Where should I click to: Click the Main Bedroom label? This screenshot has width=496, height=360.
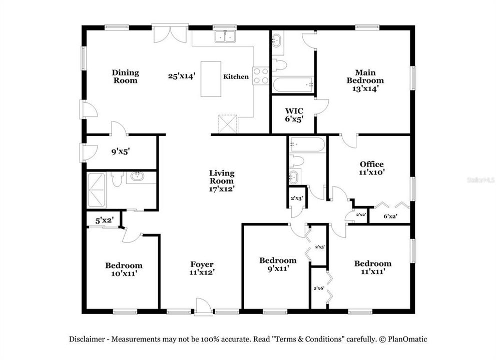[x=365, y=76]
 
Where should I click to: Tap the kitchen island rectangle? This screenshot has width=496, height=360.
[x=211, y=79]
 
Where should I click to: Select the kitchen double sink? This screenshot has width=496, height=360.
[x=225, y=36]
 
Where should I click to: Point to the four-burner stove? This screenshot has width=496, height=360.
[x=261, y=76]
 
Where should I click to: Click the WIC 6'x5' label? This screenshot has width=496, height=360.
[x=294, y=115]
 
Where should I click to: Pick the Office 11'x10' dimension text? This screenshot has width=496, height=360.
[x=372, y=172]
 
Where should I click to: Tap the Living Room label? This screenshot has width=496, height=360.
[x=222, y=177]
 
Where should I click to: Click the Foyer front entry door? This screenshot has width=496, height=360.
[x=202, y=306]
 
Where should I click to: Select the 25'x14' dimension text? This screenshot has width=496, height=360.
[x=182, y=76]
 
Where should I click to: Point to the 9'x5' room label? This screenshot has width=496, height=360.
[x=121, y=152]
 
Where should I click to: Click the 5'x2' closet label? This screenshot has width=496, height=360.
[x=105, y=220]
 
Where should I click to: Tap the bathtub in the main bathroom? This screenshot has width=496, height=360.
[x=292, y=84]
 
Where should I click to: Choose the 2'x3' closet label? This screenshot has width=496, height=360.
[x=297, y=198]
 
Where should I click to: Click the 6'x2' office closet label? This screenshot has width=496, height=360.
[x=390, y=216]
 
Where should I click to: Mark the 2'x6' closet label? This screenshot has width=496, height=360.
[x=319, y=288]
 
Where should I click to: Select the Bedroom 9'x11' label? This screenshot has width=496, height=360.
[x=278, y=264]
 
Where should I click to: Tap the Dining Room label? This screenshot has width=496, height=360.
[x=125, y=76]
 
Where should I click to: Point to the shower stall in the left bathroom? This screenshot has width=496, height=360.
[x=96, y=190]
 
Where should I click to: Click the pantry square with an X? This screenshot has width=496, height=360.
[x=227, y=123]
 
